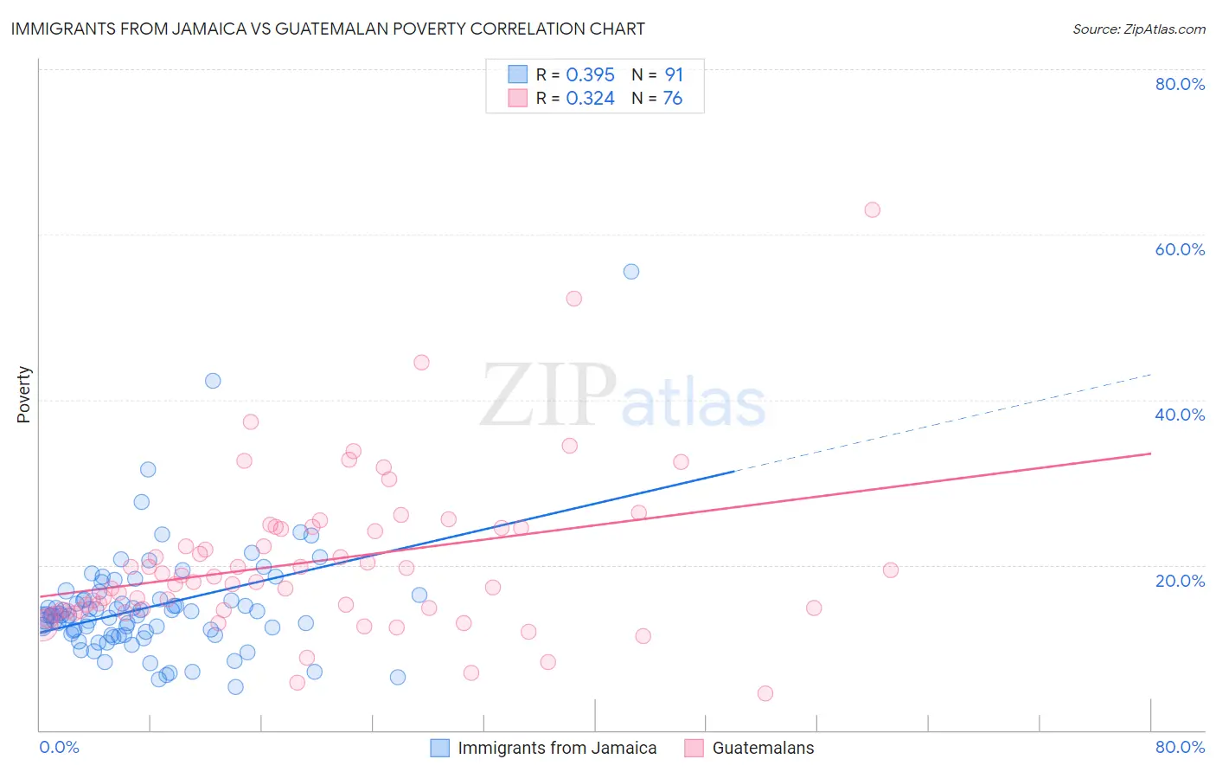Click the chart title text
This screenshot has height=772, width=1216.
click(x=328, y=29)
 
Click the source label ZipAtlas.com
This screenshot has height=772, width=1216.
click(x=1138, y=29)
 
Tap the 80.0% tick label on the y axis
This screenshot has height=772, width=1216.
click(x=1180, y=84)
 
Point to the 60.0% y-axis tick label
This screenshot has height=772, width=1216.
click(x=1180, y=249)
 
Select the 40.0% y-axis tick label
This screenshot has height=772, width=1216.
click(x=1180, y=415)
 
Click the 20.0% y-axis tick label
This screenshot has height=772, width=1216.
click(x=1180, y=581)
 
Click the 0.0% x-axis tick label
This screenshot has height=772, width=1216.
click(x=59, y=747)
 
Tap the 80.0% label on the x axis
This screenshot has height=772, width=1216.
click(x=1180, y=747)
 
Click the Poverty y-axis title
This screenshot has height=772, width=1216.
click(x=23, y=395)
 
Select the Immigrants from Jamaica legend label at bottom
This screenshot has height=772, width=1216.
click(x=557, y=748)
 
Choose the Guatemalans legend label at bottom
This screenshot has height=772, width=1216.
click(x=763, y=748)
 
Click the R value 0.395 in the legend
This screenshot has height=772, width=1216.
click(x=590, y=75)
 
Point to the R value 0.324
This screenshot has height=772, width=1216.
click(x=590, y=99)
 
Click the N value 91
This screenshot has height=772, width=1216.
click(x=674, y=75)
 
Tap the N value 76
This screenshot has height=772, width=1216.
click(x=673, y=99)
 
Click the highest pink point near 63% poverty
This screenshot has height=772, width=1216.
click(x=872, y=210)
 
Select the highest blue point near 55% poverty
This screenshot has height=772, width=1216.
click(x=631, y=272)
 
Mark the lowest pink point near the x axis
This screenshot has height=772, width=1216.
click(x=765, y=693)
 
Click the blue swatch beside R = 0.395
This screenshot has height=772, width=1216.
click(x=517, y=74)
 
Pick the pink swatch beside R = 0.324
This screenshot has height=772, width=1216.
click(x=517, y=98)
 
